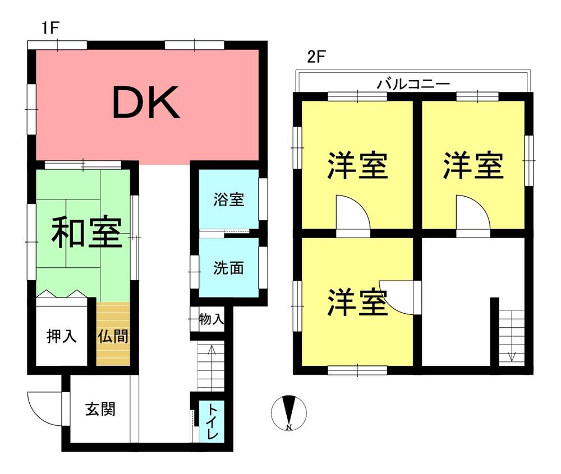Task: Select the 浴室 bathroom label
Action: click(x=229, y=199)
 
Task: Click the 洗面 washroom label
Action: click(x=229, y=268)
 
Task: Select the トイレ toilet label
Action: click(x=213, y=421)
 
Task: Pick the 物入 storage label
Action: click(x=212, y=320)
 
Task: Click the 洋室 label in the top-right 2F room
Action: click(x=472, y=165)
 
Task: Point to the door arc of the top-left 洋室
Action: click(x=353, y=213)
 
